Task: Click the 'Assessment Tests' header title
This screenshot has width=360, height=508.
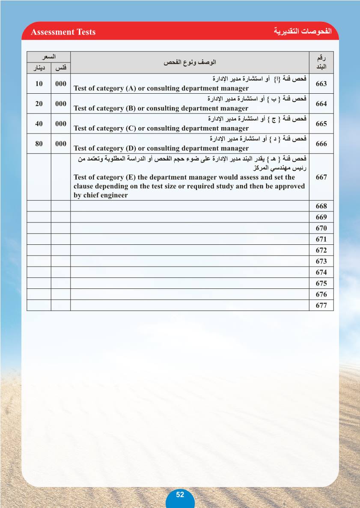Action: pos(63,32)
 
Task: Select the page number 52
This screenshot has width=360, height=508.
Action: pos(180,495)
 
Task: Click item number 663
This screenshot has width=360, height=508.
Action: pos(321,84)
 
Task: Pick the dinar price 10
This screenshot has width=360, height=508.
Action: pos(39,84)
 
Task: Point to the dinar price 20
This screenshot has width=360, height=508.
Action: pos(39,104)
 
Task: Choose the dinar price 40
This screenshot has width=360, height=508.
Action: pos(39,124)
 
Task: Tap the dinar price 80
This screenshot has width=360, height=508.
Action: pos(39,144)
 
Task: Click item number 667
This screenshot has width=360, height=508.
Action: pos(321,177)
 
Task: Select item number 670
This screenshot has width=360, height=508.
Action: pos(321,228)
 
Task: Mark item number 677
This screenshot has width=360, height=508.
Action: pos(321,305)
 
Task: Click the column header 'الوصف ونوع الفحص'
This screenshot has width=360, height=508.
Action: pos(190,62)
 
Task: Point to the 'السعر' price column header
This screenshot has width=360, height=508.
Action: pos(48,57)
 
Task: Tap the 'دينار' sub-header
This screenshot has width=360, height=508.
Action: pos(39,68)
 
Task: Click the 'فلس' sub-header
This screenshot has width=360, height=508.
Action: pos(61,68)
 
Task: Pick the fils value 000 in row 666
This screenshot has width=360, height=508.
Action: pos(61,144)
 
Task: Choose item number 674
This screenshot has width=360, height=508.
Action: pos(321,272)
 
